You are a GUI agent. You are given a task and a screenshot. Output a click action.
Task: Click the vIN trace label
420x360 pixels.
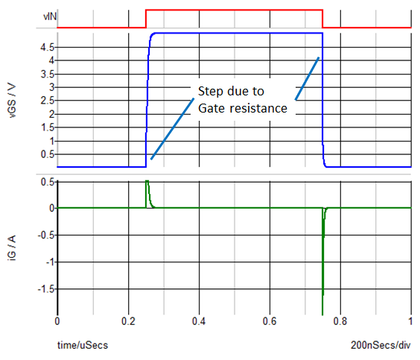click(x=50, y=16)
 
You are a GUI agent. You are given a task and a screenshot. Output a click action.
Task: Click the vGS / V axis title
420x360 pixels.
click(x=13, y=101)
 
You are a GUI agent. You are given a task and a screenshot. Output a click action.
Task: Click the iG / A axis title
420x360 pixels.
click(x=13, y=247)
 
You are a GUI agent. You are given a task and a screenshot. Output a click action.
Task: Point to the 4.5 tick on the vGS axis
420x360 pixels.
click(x=47, y=48)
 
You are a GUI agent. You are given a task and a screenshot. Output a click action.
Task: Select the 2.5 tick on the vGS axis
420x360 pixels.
click(x=48, y=101)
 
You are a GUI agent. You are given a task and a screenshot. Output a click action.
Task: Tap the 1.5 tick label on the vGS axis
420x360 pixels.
click(x=48, y=127)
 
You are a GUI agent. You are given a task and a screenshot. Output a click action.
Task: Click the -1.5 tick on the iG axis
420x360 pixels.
click(x=46, y=289)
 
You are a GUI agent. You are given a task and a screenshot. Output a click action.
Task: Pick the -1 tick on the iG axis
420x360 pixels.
click(x=50, y=262)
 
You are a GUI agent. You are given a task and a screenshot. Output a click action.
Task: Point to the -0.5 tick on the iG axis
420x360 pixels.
click(x=46, y=235)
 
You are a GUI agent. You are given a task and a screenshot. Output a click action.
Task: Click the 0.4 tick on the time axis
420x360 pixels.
click(x=199, y=321)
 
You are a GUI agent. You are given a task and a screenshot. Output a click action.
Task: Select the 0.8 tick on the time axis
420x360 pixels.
click(x=340, y=321)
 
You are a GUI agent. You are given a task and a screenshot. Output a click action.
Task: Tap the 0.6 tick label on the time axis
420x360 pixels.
click(x=270, y=321)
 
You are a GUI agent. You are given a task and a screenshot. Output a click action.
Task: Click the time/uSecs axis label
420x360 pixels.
click(x=83, y=345)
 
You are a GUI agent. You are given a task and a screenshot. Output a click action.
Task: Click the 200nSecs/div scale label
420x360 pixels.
click(x=381, y=345)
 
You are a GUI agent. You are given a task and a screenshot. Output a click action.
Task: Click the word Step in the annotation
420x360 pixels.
click(x=209, y=92)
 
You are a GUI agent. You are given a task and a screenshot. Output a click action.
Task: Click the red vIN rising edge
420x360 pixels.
click(x=146, y=19)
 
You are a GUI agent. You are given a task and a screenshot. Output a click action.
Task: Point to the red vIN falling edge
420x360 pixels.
click(x=322, y=19)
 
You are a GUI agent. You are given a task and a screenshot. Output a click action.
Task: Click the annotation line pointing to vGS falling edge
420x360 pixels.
click(x=307, y=78)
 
